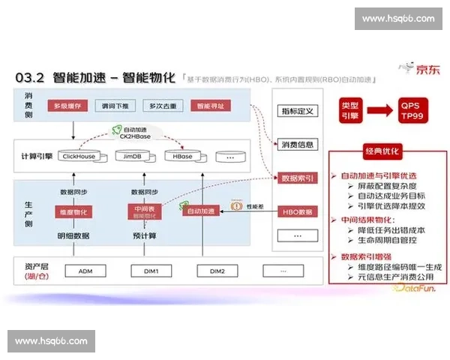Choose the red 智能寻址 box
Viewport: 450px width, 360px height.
click(208, 106)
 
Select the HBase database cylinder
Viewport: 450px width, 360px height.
click(182, 156)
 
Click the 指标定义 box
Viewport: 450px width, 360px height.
click(297, 111)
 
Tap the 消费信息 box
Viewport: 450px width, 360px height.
click(297, 144)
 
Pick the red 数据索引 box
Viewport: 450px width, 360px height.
click(297, 178)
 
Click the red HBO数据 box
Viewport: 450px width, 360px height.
click(297, 211)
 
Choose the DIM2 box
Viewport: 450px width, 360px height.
click(217, 269)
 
